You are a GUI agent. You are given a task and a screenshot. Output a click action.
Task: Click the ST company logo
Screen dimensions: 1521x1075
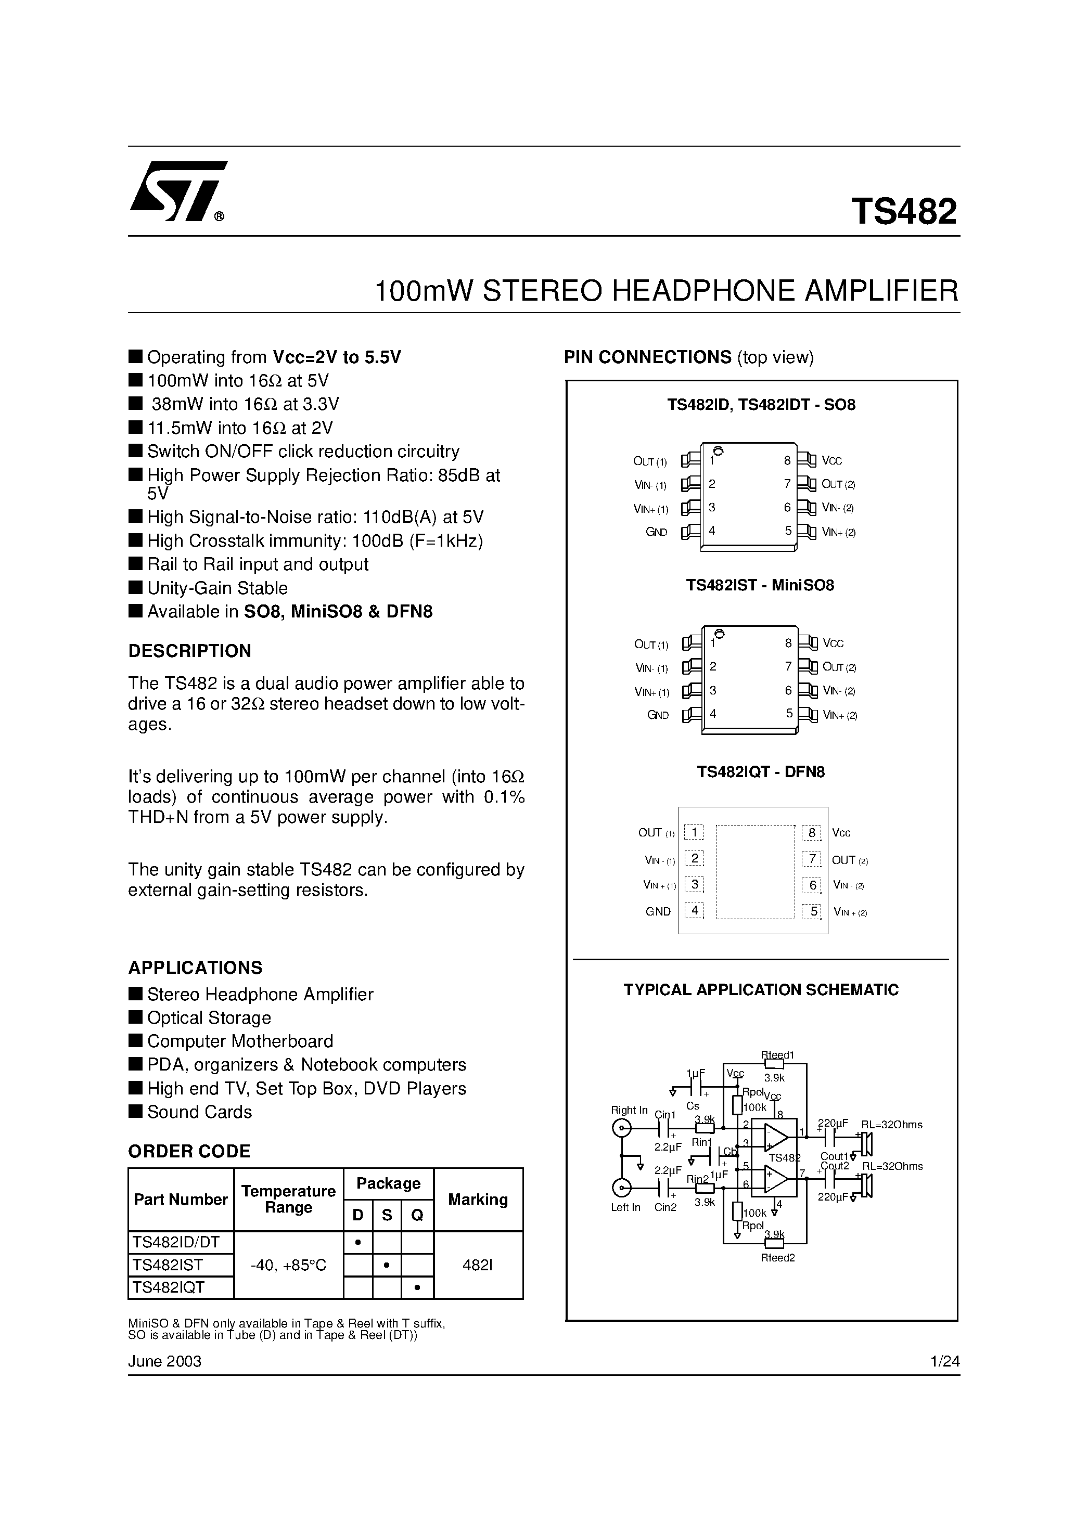tap(177, 191)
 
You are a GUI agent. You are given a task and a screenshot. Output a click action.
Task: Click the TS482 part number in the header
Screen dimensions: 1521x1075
tap(904, 212)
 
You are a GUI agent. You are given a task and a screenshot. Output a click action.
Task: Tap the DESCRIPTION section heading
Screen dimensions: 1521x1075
tap(189, 651)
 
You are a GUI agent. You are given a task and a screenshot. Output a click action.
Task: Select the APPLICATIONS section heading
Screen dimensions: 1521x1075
tap(195, 968)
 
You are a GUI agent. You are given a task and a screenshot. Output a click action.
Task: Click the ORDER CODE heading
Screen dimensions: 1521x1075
tap(189, 1151)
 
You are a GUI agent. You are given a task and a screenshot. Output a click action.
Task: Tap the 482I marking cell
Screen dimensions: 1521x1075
tap(477, 1265)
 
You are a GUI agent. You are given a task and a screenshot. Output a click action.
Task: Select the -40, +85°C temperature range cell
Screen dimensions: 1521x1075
tap(288, 1265)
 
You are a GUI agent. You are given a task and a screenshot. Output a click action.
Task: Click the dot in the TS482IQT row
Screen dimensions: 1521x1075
tap(417, 1288)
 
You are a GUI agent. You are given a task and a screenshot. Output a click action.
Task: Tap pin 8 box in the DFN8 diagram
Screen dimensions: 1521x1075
tap(811, 833)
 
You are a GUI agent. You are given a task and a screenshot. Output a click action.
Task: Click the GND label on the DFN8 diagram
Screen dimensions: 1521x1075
tap(658, 911)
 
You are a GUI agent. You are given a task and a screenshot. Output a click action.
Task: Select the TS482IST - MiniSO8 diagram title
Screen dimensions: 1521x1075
tap(760, 586)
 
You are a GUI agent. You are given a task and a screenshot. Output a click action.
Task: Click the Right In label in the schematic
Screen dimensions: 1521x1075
tap(629, 1110)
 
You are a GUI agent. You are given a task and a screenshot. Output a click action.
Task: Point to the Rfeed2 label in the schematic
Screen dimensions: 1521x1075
tap(777, 1258)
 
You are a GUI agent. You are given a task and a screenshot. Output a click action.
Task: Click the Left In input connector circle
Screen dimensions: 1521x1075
tap(622, 1187)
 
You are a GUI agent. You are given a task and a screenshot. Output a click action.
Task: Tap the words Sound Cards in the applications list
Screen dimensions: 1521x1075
tap(199, 1112)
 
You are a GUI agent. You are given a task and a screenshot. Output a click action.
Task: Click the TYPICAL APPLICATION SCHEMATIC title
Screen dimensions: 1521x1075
tap(761, 990)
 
